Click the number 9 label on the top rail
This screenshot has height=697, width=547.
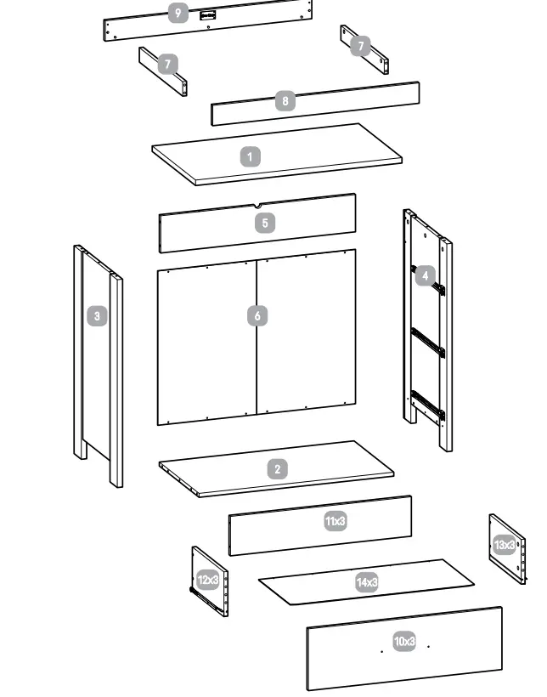pos(178,13)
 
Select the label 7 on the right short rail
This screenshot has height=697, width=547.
pos(360,46)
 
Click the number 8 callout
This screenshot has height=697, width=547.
pos(285,101)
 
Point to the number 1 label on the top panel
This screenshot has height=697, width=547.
pos(250,156)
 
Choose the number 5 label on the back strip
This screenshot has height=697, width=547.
pos(265,223)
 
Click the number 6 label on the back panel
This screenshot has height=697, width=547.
pos(257,316)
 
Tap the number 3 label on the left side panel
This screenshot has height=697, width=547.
pos(98,316)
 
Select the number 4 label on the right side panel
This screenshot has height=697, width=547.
pos(425,275)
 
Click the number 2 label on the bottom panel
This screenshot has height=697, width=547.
pos(277,469)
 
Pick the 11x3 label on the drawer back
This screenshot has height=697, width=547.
pos(336,521)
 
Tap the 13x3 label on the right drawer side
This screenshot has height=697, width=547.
pos(505,544)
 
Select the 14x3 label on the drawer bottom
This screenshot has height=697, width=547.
pos(367,582)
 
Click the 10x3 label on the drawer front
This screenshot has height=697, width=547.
pos(404,641)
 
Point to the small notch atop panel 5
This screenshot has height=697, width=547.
pos(257,205)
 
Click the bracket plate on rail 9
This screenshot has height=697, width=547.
pos(206,14)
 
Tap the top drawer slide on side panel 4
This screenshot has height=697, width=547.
pos(429,280)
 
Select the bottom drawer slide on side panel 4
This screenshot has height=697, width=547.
pos(427,405)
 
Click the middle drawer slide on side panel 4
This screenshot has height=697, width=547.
pos(428,341)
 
